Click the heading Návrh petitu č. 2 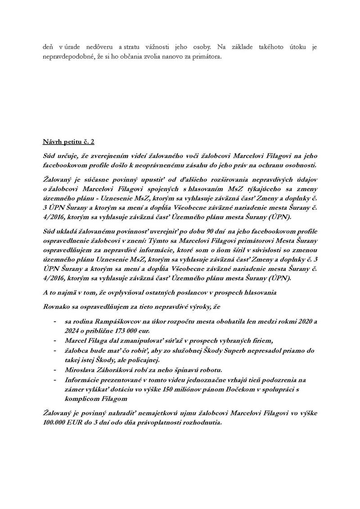66,142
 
